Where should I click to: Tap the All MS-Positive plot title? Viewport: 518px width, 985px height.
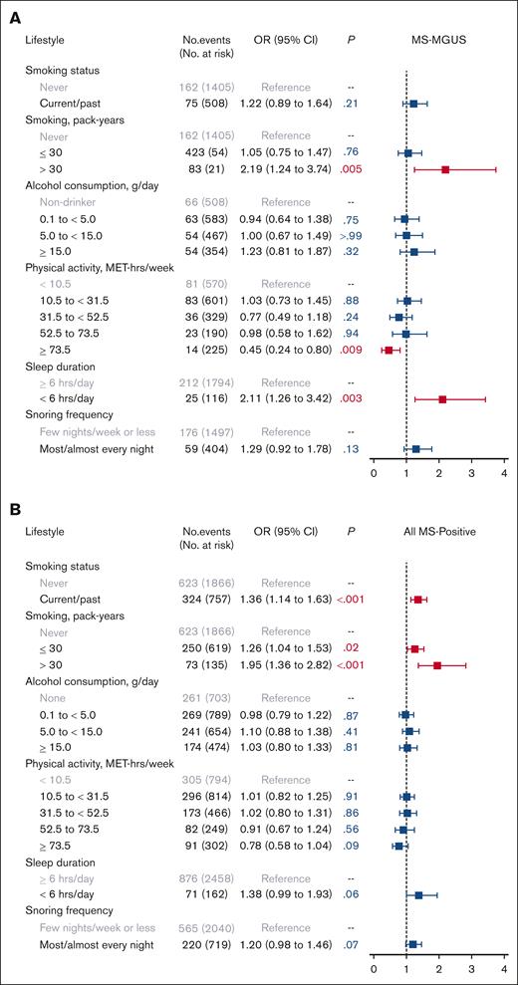point(439,534)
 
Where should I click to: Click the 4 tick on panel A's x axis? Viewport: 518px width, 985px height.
point(505,474)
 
